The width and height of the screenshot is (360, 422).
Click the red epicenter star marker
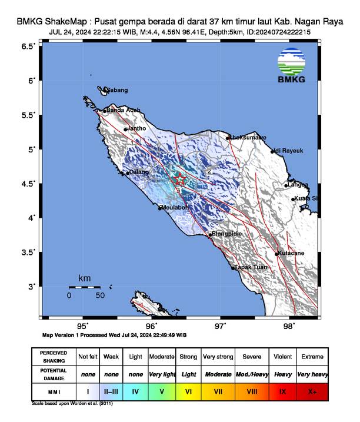tap(180, 180)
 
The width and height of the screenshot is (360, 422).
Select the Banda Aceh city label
tap(123, 110)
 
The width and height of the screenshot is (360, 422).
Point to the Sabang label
tap(116, 90)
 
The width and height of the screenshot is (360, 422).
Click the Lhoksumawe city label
tap(247, 138)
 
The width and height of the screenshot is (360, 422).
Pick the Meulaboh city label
tap(176, 207)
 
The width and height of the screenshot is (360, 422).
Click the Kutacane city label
tap(291, 253)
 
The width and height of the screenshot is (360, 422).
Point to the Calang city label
tap(139, 172)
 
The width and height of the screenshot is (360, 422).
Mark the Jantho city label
tap(136, 128)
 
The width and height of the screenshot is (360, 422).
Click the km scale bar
tap(84, 287)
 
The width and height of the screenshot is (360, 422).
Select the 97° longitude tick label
tap(221, 325)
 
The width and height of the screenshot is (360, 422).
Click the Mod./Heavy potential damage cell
tap(252, 374)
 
